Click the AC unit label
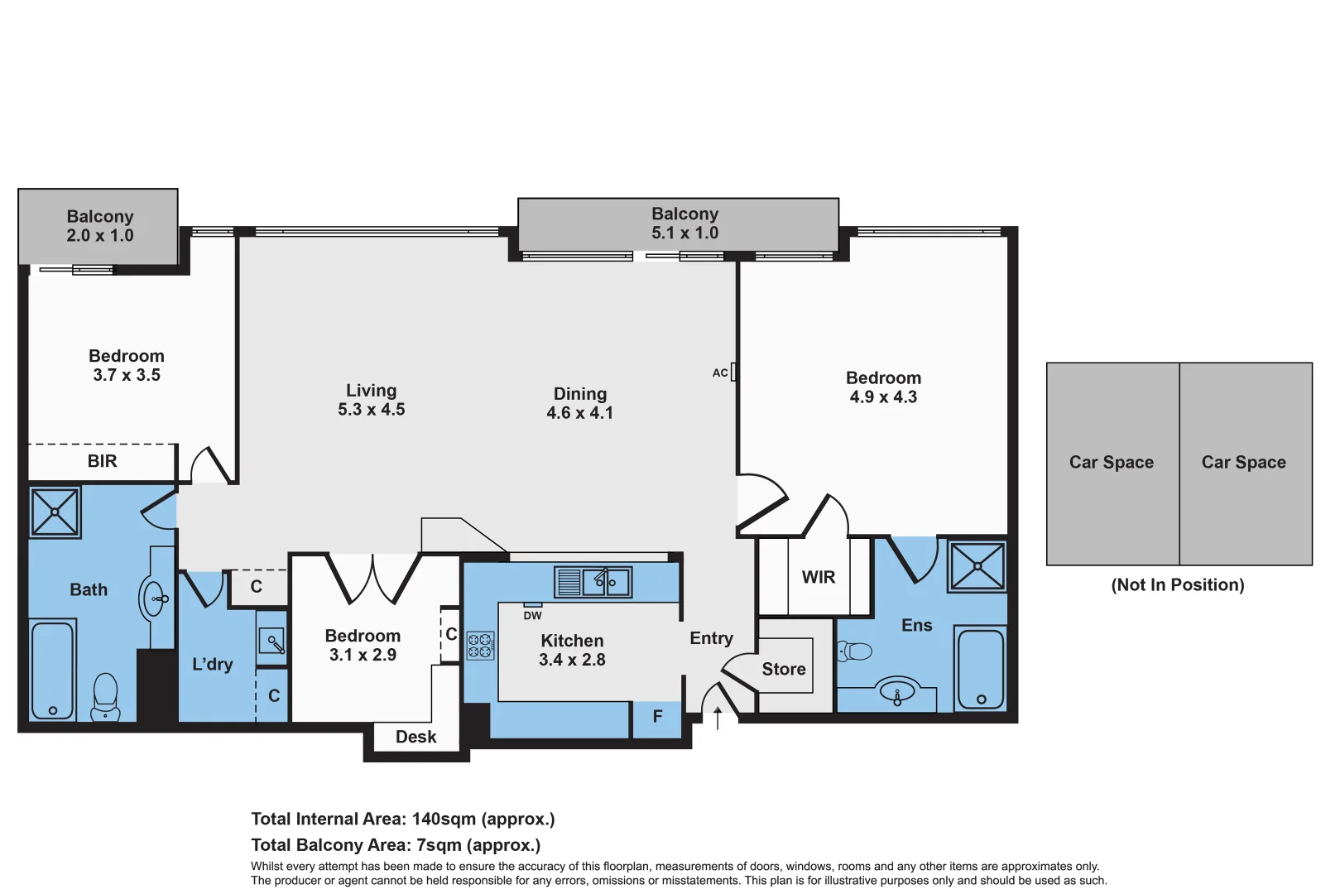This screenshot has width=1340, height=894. [x=719, y=373]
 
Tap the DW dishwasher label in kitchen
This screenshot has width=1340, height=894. [x=532, y=616]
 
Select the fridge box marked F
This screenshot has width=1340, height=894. [x=657, y=717]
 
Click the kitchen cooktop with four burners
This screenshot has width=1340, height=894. [x=480, y=646]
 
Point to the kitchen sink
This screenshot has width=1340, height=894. [x=606, y=582]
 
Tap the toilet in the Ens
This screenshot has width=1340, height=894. [x=856, y=651]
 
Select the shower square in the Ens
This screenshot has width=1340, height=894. [x=977, y=566]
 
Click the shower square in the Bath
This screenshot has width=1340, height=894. [x=55, y=512]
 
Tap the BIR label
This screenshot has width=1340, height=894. [x=102, y=461]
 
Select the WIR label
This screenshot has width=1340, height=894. [x=818, y=578]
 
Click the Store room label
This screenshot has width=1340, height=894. [x=783, y=669]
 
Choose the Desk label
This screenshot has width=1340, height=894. [x=415, y=737]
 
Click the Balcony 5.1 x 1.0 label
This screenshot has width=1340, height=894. [x=684, y=223]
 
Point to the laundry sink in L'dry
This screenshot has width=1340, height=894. [x=272, y=642]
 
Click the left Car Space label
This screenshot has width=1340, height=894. [x=1111, y=463]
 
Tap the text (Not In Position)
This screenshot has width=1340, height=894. [x=1177, y=585]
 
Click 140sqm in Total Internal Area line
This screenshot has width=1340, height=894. [x=444, y=819]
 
